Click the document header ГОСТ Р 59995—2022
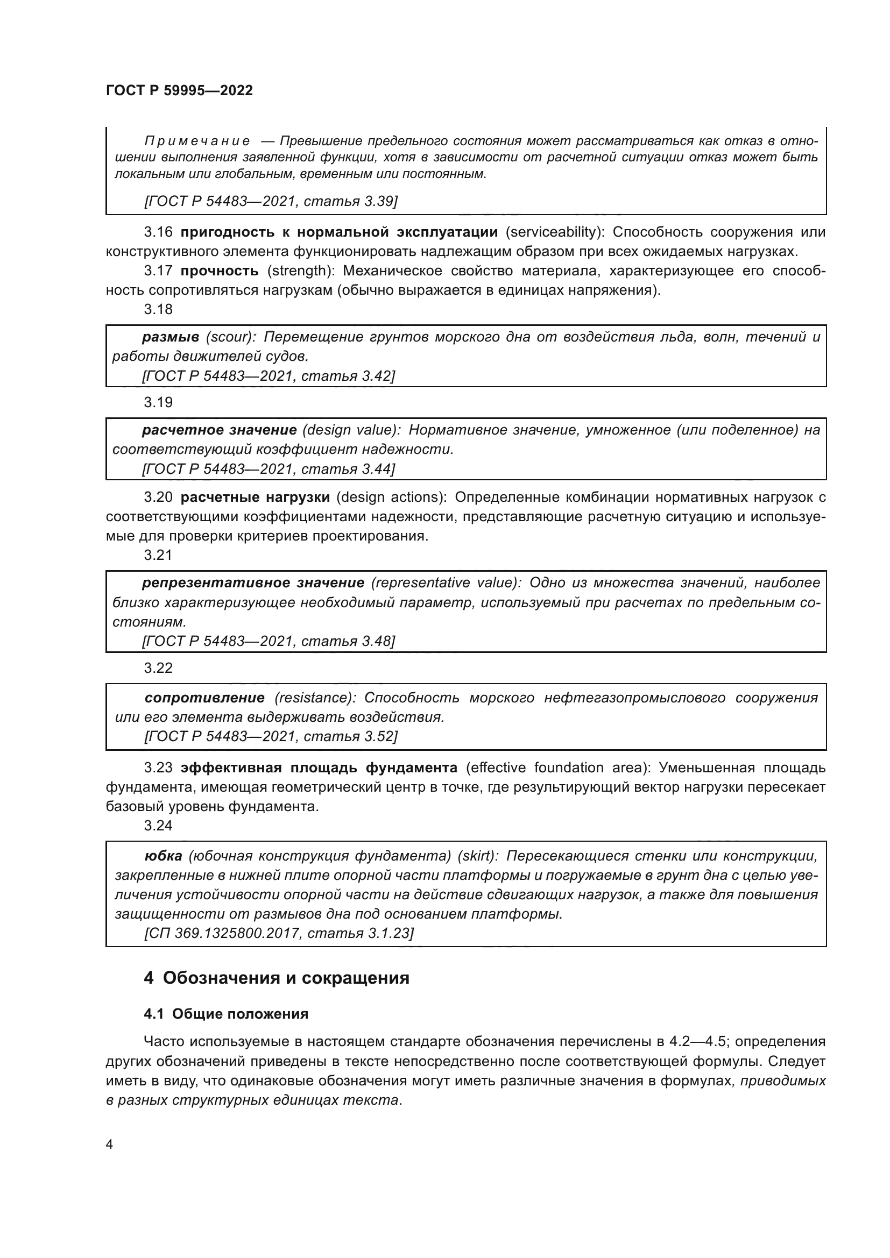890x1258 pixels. click(179, 91)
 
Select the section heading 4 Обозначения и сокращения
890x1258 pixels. click(276, 977)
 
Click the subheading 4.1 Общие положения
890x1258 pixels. click(226, 1014)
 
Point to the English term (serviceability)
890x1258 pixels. click(554, 232)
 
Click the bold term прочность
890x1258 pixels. click(219, 271)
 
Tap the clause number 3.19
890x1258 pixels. click(158, 402)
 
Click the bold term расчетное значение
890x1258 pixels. click(219, 430)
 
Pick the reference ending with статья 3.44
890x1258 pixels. click(269, 469)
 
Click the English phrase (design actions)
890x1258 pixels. click(392, 497)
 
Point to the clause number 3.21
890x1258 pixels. click(158, 555)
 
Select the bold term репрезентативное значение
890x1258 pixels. click(253, 582)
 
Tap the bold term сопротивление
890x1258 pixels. click(204, 698)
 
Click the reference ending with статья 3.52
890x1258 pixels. click(270, 736)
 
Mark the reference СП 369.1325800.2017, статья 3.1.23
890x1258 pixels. click(279, 933)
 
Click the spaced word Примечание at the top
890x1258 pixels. click(197, 141)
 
